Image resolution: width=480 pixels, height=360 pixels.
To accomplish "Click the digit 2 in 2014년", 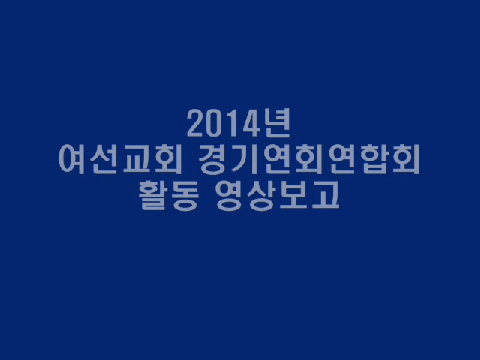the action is pyautogui.click(x=196, y=123).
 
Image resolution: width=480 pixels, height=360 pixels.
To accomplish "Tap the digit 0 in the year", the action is pyautogui.click(x=217, y=123).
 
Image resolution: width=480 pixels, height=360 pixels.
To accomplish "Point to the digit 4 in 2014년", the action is pyautogui.click(x=251, y=123).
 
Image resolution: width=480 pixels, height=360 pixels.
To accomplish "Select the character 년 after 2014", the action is pyautogui.click(x=277, y=123).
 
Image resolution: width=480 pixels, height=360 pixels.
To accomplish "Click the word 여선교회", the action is pyautogui.click(x=121, y=159).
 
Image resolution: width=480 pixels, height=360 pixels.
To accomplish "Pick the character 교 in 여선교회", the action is pyautogui.click(x=136, y=160).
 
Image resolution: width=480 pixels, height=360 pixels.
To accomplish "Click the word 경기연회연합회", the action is pyautogui.click(x=309, y=159).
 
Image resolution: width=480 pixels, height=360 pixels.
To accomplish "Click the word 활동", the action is pyautogui.click(x=169, y=195).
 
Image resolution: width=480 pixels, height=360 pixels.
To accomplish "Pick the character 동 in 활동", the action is pyautogui.click(x=185, y=195).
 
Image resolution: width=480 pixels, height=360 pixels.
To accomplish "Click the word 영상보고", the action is pyautogui.click(x=277, y=195).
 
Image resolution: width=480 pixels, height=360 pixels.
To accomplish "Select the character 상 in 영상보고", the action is pyautogui.click(x=260, y=195).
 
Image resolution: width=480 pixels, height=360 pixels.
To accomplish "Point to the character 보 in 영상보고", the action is pyautogui.click(x=293, y=195).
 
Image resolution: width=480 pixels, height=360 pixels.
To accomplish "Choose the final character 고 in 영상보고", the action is pyautogui.click(x=326, y=195).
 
